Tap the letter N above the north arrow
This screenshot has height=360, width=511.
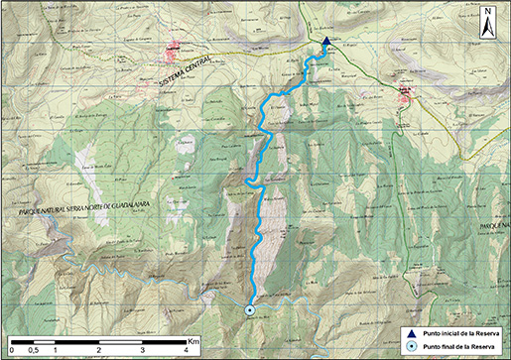(x=488, y=14)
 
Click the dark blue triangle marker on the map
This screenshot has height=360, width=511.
(x=326, y=42)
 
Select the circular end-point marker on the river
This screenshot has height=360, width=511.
(x=250, y=310)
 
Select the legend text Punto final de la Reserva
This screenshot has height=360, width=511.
(x=461, y=346)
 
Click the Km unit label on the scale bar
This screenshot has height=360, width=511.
(x=193, y=340)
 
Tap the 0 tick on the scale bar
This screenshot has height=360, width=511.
(x=12, y=351)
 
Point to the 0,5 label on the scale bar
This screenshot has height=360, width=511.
(x=33, y=351)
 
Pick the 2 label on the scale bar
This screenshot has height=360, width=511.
(x=99, y=351)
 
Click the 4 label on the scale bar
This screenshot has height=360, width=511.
(x=187, y=351)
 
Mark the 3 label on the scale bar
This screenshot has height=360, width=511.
(x=143, y=351)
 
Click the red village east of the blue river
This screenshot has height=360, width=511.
(x=405, y=95)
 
